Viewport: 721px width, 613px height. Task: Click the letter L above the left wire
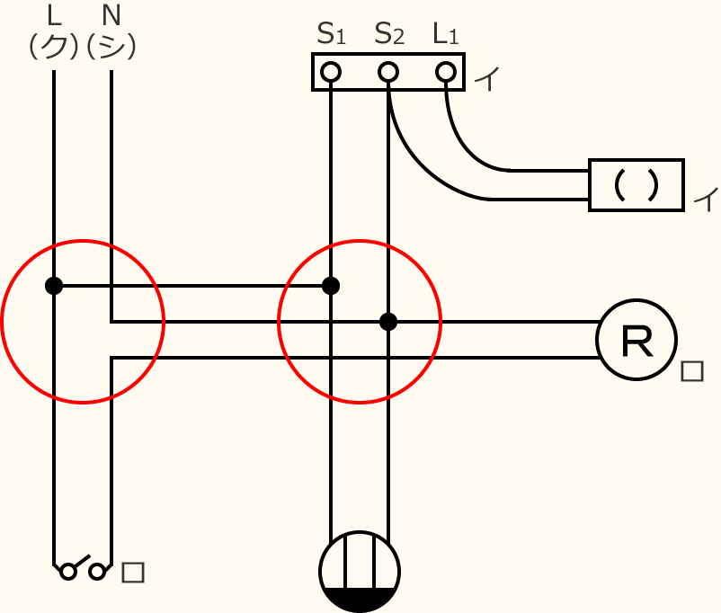click(x=54, y=15)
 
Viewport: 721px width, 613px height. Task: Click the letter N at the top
click(x=111, y=15)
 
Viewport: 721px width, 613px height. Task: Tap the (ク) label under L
click(x=54, y=46)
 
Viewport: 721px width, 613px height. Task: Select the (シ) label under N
click(x=111, y=46)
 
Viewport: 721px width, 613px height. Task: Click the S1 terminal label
click(x=331, y=34)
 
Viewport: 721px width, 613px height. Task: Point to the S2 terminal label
click(x=388, y=34)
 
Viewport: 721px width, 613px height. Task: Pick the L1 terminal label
click(x=446, y=34)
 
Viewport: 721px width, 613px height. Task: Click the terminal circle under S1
click(x=331, y=72)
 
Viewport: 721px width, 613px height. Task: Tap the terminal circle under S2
click(x=388, y=72)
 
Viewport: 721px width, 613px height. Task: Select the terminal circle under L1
click(x=446, y=72)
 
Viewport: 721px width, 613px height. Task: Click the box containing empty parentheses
click(x=636, y=185)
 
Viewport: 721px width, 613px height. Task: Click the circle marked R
click(x=636, y=340)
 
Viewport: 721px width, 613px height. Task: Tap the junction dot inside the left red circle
click(x=54, y=286)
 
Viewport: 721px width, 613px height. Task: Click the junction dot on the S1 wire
click(x=331, y=286)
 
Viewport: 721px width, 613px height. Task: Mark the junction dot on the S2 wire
click(x=388, y=321)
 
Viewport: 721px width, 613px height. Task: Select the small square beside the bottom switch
click(x=133, y=572)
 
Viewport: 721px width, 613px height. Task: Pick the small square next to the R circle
click(x=691, y=371)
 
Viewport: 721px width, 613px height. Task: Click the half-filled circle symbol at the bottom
click(x=360, y=572)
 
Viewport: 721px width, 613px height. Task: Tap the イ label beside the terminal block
click(x=486, y=79)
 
